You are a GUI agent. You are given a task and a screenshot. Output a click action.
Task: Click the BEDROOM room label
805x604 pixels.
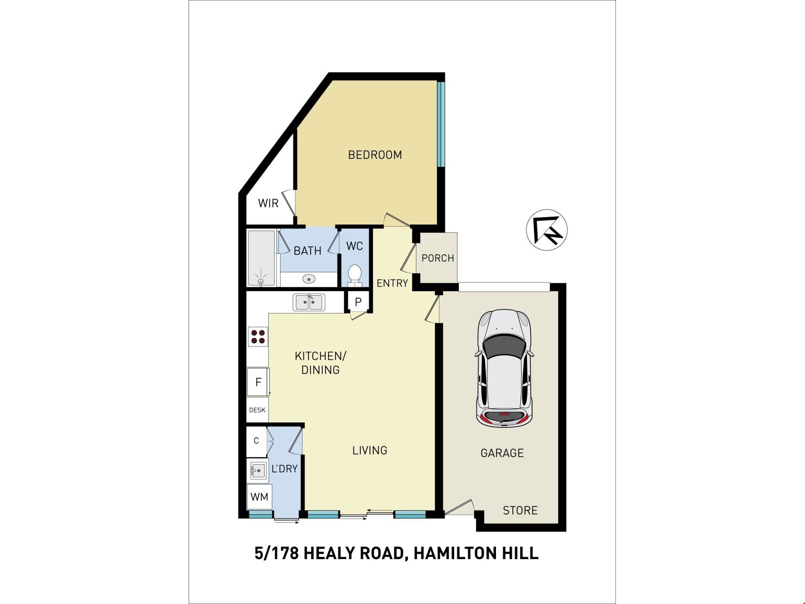point(375,155)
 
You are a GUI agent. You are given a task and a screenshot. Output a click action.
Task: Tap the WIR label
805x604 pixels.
point(268,203)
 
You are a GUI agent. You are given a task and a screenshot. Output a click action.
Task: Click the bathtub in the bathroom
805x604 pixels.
point(261,258)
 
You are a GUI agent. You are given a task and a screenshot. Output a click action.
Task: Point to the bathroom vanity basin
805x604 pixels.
point(309,279)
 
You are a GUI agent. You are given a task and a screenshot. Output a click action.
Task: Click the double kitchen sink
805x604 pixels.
point(309,302)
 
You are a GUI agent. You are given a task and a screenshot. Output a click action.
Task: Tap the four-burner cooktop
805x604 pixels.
point(258,337)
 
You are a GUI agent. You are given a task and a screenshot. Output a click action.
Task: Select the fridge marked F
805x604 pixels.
point(258,382)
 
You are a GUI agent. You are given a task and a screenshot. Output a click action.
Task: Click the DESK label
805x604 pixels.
point(257,410)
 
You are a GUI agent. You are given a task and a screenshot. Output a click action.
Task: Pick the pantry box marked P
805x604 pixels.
point(358,302)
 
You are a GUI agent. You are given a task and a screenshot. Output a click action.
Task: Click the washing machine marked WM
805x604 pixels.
point(259,497)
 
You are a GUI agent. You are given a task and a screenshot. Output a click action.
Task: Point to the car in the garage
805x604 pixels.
point(504,368)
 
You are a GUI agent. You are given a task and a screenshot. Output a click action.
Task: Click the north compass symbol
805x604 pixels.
point(547,230)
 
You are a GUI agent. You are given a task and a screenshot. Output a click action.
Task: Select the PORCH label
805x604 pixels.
point(438,258)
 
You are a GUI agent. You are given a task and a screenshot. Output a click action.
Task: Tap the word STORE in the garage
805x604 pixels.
point(520,510)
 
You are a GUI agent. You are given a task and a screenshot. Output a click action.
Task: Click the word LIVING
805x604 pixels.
point(369,450)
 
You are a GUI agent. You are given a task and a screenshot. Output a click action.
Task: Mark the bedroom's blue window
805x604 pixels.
point(441,124)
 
